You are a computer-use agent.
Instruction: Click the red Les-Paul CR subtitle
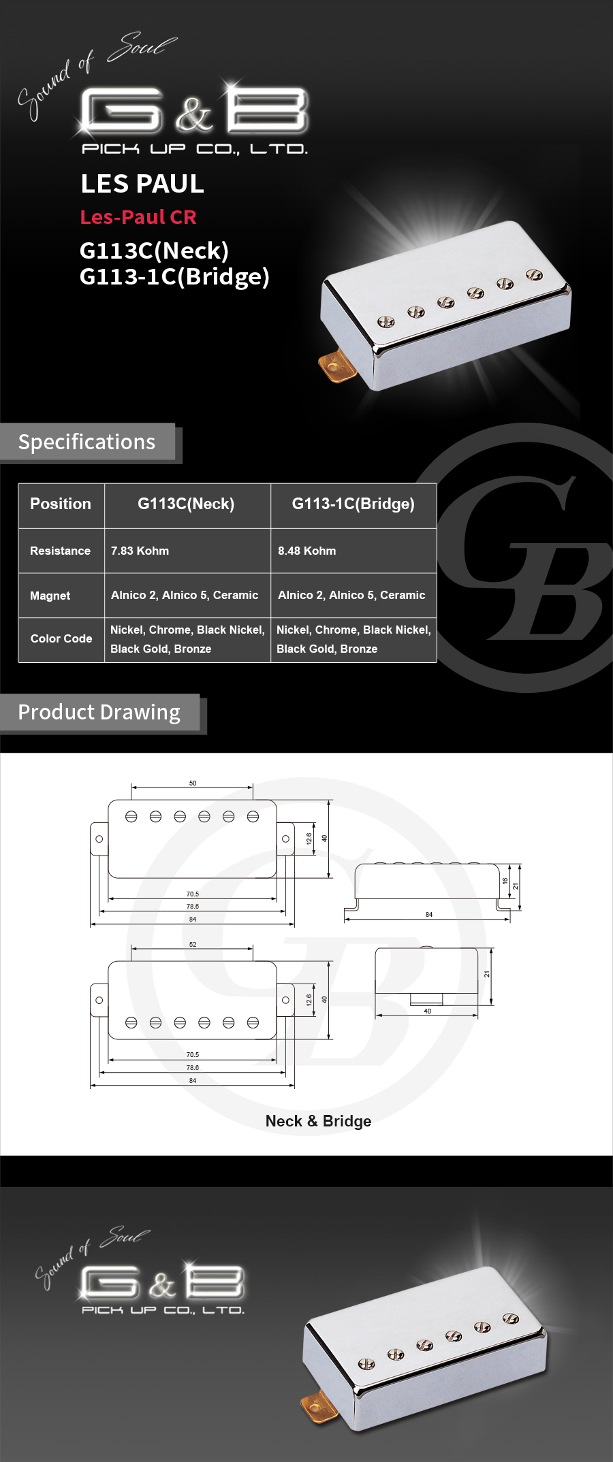click(138, 217)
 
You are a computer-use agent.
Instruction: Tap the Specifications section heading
click(87, 442)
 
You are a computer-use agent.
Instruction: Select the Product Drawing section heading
click(99, 713)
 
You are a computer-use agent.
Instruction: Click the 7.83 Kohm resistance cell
click(140, 551)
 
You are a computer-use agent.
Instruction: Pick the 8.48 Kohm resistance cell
click(306, 551)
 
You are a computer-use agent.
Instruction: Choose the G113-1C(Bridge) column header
click(353, 504)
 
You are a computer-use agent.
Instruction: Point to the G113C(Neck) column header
click(186, 504)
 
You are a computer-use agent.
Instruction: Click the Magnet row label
click(50, 596)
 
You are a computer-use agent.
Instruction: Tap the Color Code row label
click(61, 638)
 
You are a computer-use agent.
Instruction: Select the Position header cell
click(61, 504)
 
